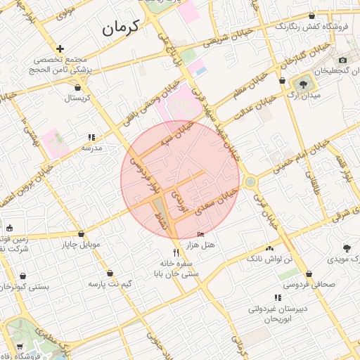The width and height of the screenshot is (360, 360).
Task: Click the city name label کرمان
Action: point(121,27)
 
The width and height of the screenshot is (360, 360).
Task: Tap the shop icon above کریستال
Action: point(77,87)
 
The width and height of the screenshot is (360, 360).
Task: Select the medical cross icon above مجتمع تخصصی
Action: point(60,49)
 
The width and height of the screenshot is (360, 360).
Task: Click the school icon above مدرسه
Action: point(91,137)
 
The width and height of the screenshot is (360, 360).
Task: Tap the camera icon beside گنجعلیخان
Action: point(342,60)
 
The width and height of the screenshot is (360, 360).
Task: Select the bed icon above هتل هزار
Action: point(201,234)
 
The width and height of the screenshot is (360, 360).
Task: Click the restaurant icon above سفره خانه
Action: point(176,252)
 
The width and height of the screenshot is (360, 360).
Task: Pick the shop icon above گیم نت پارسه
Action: point(110,273)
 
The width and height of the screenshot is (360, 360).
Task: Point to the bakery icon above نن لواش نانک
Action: point(269,248)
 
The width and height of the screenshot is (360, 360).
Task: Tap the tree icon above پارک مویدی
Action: point(347,247)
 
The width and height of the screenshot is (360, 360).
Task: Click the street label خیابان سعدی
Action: point(213,202)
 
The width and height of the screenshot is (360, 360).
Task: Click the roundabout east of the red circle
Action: point(250,182)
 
